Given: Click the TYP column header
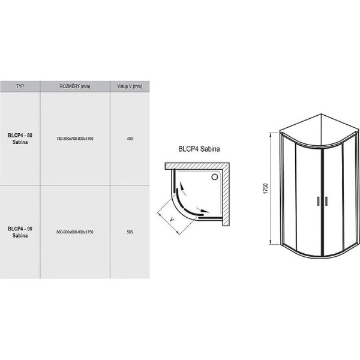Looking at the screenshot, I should [x=20, y=86].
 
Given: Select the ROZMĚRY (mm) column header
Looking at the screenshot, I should [x=74, y=86].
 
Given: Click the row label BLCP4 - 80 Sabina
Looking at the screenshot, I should [x=20, y=139].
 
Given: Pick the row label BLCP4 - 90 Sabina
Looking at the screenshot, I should [x=20, y=232].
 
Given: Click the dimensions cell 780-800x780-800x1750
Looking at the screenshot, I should [x=75, y=139].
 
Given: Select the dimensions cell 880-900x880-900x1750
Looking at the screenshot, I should [x=75, y=232].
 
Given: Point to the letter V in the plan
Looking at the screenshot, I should [x=173, y=219].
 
